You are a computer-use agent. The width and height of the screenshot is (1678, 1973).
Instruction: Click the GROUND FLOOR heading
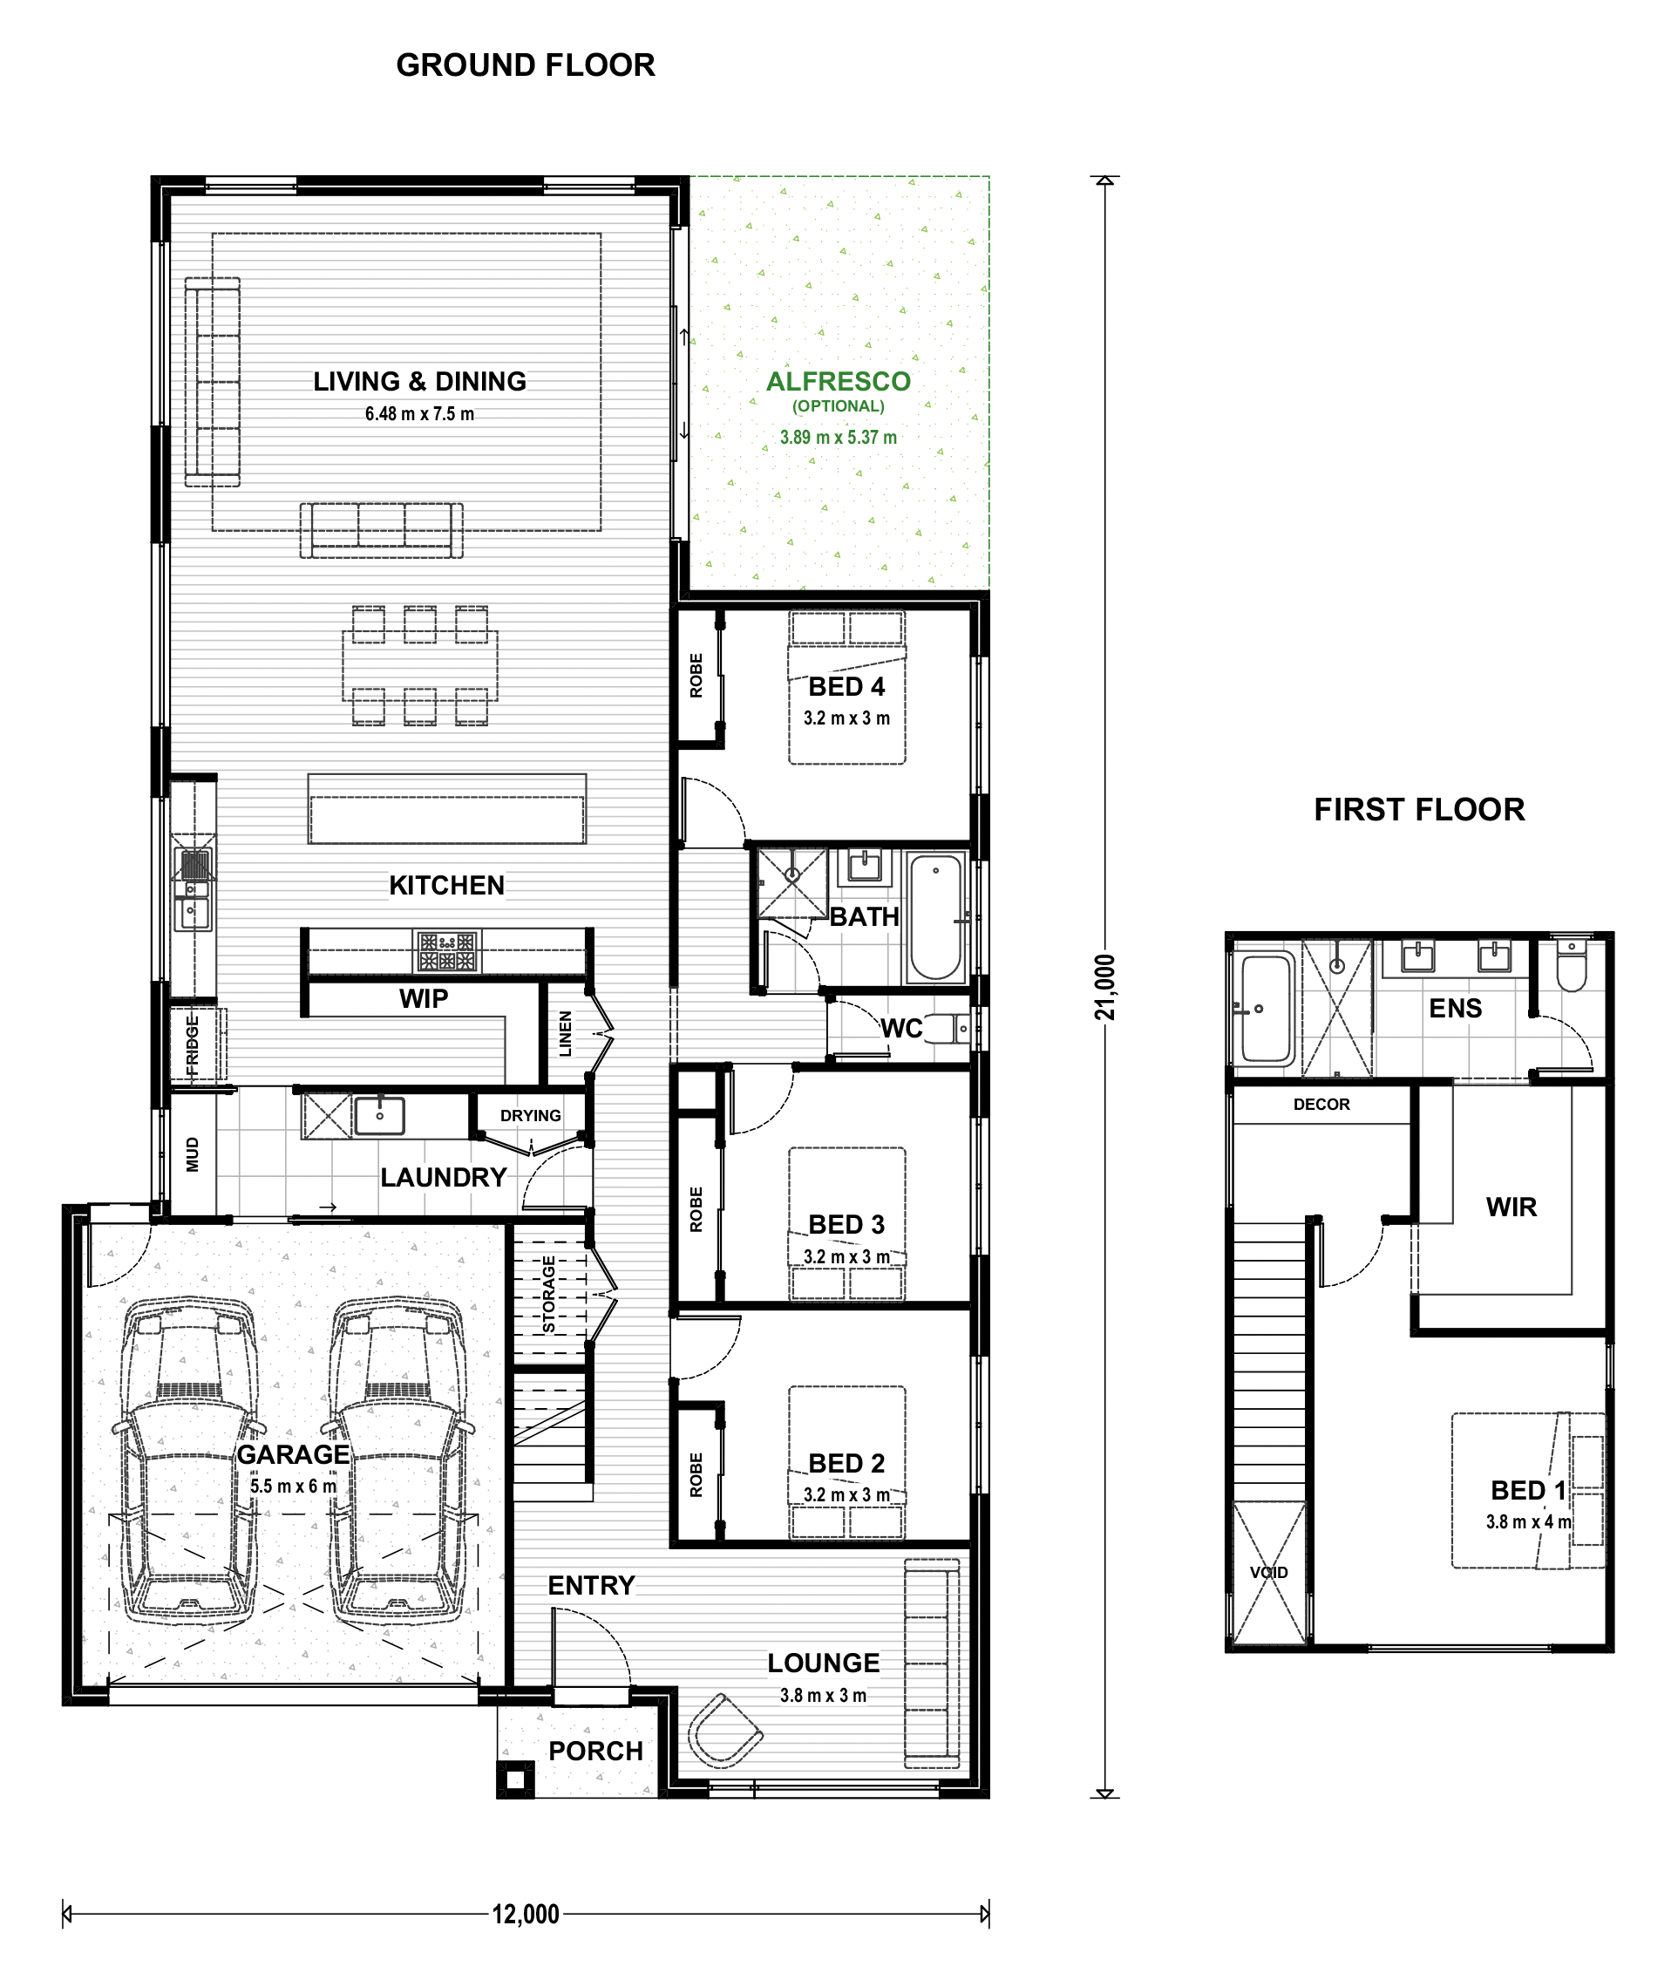point(525,65)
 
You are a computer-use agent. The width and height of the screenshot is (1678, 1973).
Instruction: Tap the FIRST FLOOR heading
point(1419,810)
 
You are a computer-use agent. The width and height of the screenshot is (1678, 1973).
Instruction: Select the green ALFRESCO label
point(838,382)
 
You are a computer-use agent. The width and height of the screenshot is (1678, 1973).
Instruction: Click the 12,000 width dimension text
point(525,1914)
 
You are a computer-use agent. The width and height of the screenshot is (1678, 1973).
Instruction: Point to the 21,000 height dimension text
point(1104,988)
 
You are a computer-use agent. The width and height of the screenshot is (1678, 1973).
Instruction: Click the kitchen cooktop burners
point(447,951)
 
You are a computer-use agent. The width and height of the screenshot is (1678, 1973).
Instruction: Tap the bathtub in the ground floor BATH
point(936,916)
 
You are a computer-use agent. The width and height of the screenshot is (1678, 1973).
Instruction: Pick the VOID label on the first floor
point(1269,1573)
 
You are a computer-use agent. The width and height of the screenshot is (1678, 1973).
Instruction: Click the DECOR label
point(1321,1105)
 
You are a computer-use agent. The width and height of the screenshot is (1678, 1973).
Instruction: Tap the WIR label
point(1511,1208)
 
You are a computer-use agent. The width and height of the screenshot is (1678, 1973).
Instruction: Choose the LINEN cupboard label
point(565,1034)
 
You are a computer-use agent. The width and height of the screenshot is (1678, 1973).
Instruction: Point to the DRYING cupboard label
point(530,1116)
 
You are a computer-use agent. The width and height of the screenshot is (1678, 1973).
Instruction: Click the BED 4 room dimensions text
point(846,718)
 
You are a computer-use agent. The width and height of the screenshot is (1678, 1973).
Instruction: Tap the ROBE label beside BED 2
point(696,1474)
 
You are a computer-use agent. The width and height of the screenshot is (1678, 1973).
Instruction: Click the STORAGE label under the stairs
point(549,1294)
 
